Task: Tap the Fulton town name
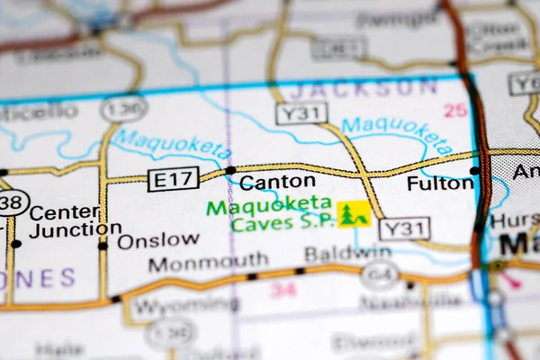click(440, 183)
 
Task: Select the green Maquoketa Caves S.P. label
click(269, 215)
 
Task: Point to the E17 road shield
click(174, 179)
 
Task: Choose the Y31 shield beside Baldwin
click(404, 229)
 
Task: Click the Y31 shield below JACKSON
click(301, 113)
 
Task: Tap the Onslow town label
click(158, 239)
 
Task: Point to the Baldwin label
click(335, 254)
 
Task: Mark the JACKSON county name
click(364, 88)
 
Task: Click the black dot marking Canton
click(230, 169)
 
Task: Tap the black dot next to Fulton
click(474, 170)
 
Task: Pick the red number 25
click(455, 110)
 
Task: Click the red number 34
click(283, 290)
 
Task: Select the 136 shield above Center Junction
click(123, 109)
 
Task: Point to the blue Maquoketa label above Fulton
click(396, 132)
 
